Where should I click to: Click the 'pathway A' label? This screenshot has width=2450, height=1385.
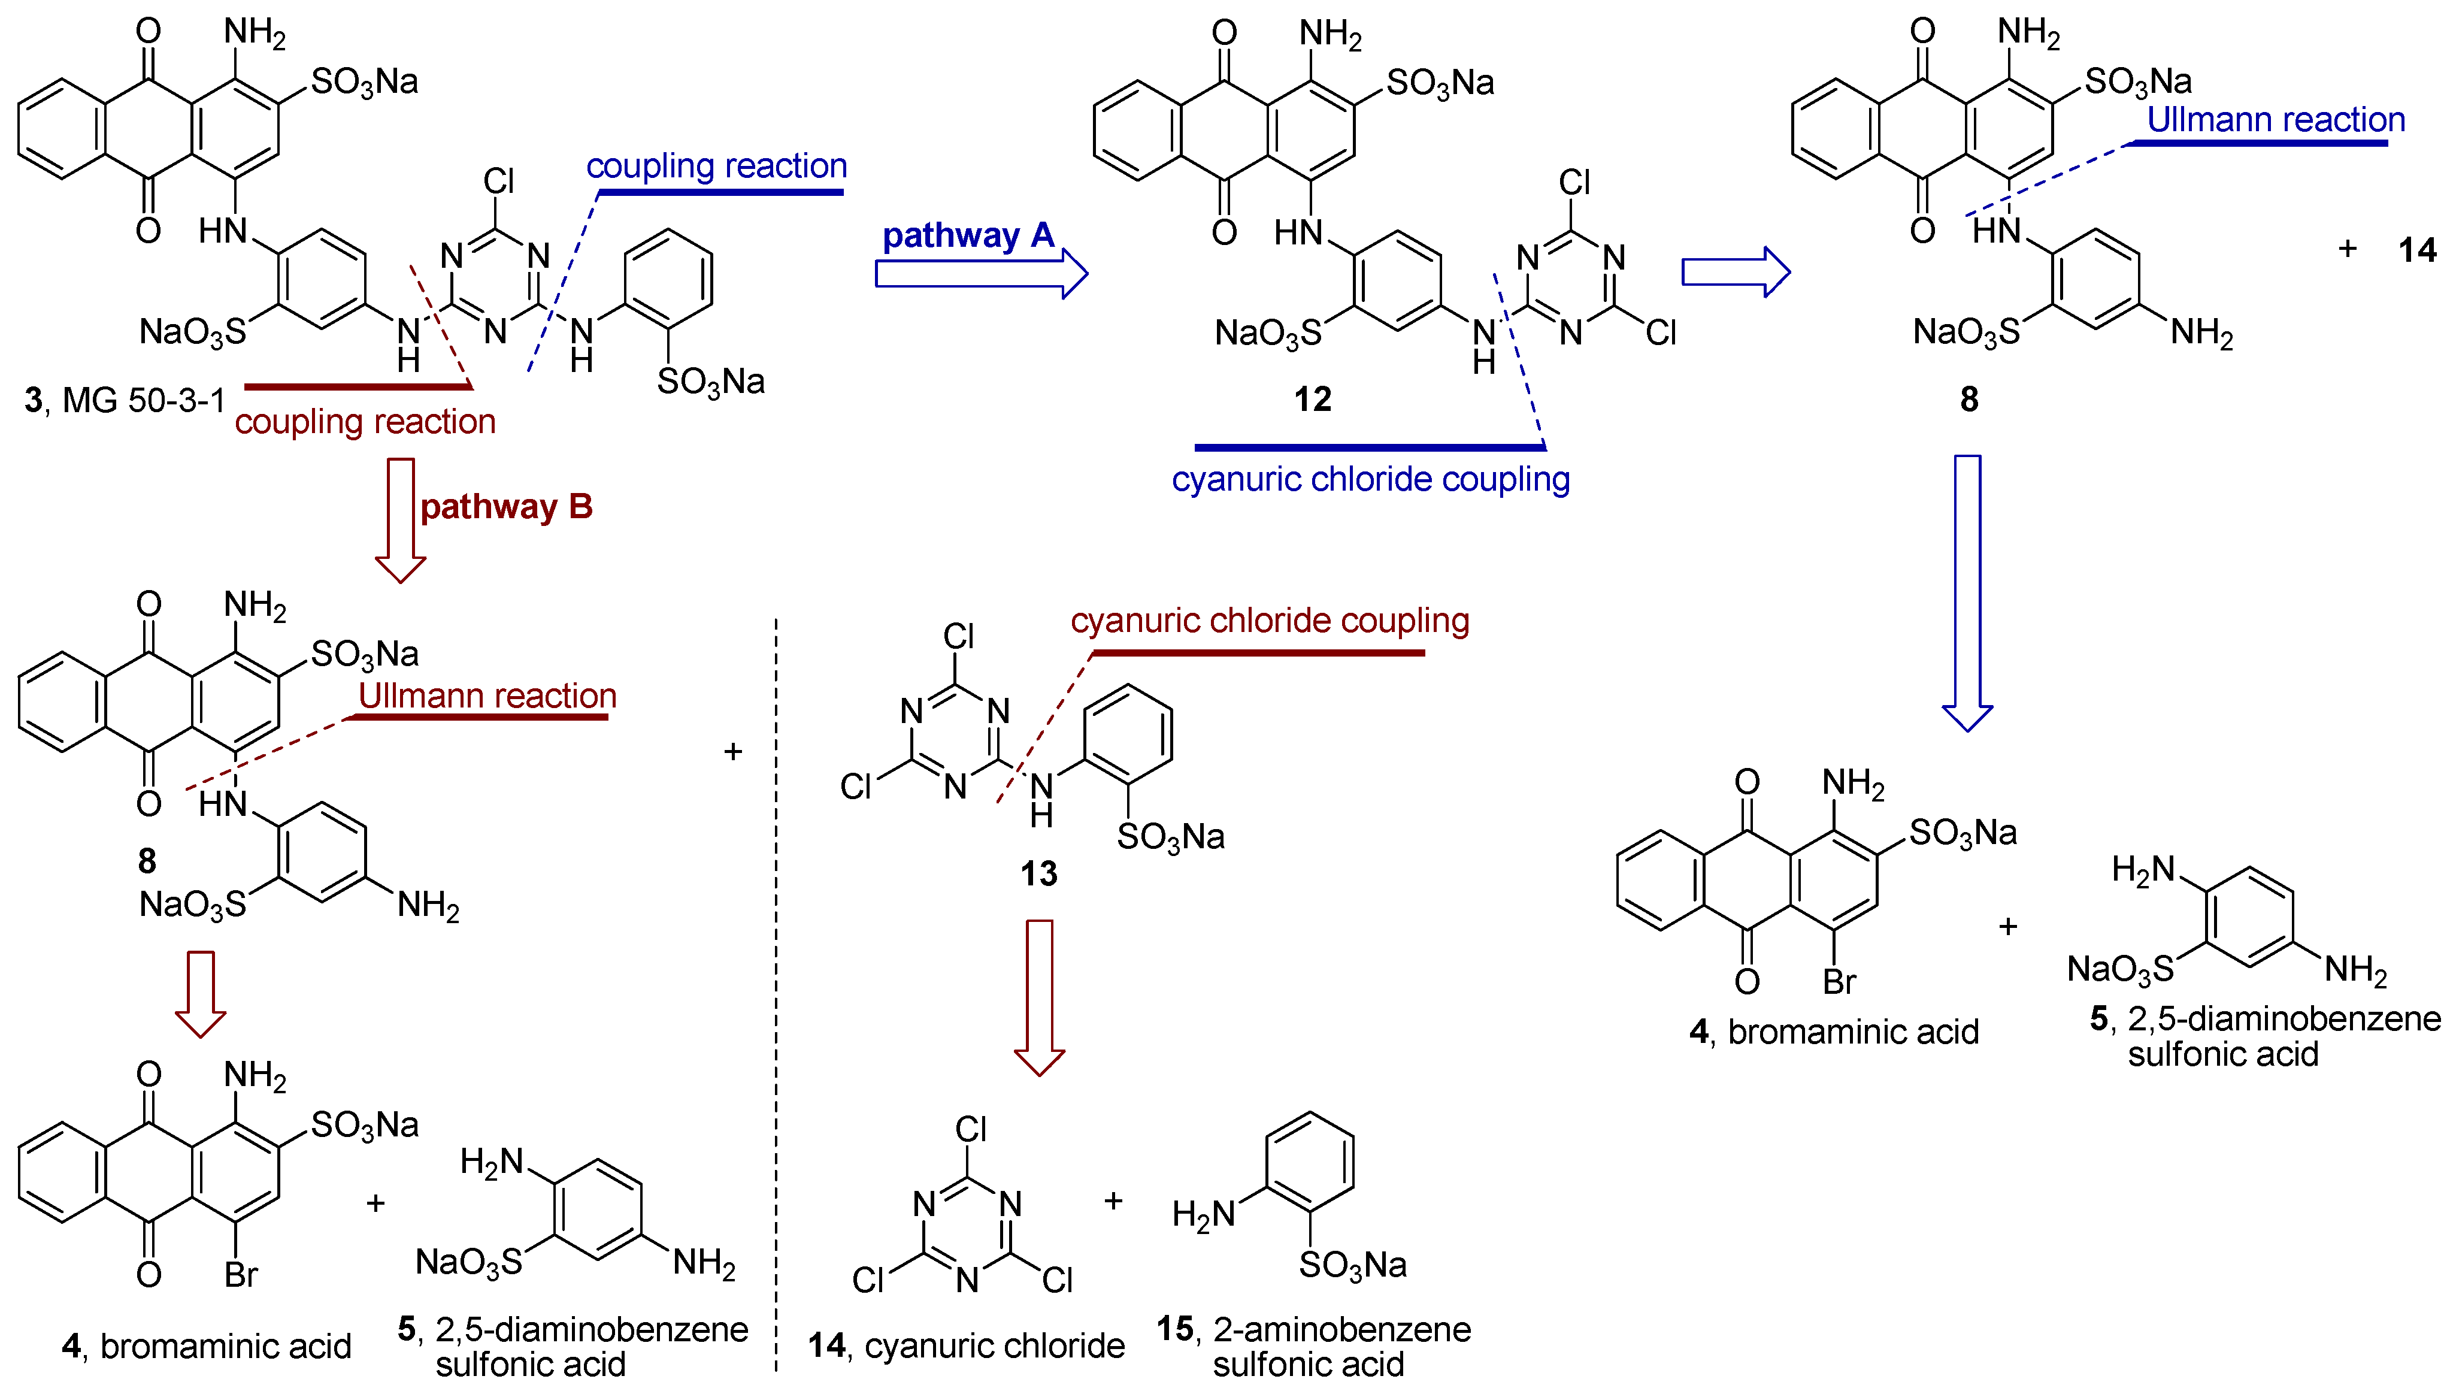pyautogui.click(x=967, y=235)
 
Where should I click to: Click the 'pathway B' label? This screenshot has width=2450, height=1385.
pyautogui.click(x=506, y=506)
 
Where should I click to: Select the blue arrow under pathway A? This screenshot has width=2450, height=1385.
pyautogui.click(x=980, y=274)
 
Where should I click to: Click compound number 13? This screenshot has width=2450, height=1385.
pyautogui.click(x=1038, y=873)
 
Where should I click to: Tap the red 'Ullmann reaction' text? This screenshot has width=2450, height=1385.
pyautogui.click(x=487, y=696)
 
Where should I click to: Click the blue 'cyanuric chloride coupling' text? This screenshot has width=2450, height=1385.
pyautogui.click(x=1370, y=479)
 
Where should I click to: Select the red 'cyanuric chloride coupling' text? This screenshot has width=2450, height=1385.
pyautogui.click(x=1270, y=620)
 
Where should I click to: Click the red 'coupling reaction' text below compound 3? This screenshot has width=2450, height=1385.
pyautogui.click(x=365, y=421)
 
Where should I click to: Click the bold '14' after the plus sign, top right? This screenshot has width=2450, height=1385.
pyautogui.click(x=2416, y=250)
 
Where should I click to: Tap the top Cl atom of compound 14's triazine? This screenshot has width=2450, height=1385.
pyautogui.click(x=970, y=1129)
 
